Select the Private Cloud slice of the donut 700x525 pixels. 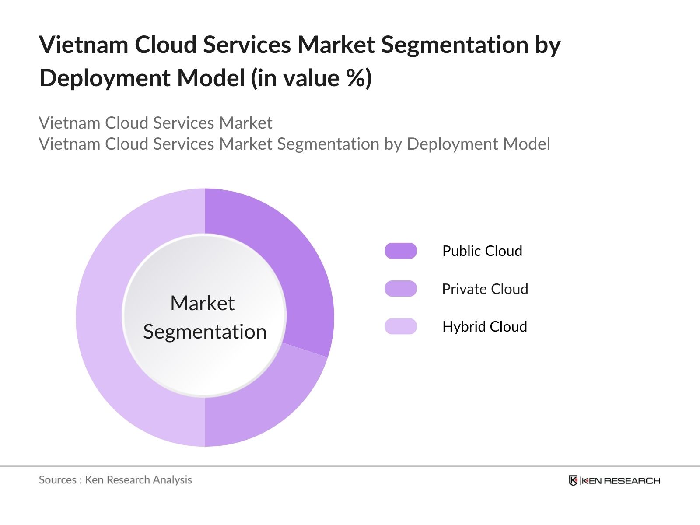coord(262,402)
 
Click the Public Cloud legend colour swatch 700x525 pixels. coord(401,251)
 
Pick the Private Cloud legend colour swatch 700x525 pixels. coord(401,289)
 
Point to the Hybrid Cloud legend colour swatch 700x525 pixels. coord(401,326)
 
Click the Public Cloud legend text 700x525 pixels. coord(482,251)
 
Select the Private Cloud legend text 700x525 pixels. coord(485,289)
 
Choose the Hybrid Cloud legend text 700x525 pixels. coord(484,326)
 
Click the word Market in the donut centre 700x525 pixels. coord(202,303)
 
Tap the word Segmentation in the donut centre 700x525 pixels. coord(205,332)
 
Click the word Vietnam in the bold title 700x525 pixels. coord(83,45)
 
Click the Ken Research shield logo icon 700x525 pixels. coord(573,481)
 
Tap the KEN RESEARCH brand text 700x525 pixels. coord(620,481)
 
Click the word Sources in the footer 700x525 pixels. coord(57,480)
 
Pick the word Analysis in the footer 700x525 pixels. coord(172,480)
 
